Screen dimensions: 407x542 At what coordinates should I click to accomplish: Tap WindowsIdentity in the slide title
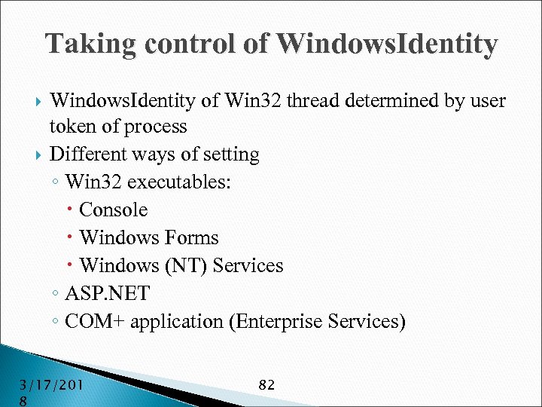click(387, 44)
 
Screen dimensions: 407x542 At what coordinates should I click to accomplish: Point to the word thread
click(312, 100)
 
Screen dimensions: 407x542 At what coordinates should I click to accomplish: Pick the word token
click(73, 126)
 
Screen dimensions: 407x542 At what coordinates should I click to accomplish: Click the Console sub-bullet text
click(113, 210)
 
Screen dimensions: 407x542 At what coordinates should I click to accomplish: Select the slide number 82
click(266, 384)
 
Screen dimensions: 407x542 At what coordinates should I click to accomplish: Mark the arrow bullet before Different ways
click(39, 155)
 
